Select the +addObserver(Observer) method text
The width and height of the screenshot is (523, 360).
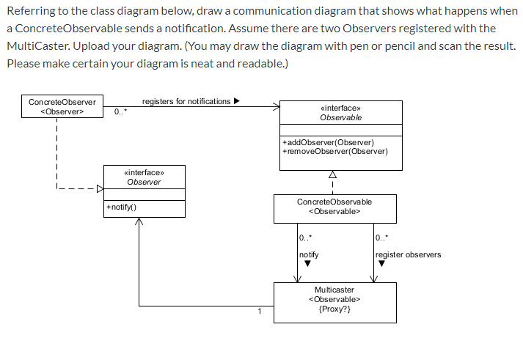(327, 142)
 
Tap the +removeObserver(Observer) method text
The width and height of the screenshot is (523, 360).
(334, 151)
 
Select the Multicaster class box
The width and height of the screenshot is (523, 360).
(334, 300)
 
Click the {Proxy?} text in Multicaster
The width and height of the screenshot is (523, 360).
(334, 309)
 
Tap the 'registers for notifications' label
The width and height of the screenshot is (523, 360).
(186, 101)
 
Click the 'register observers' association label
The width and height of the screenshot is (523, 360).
(408, 254)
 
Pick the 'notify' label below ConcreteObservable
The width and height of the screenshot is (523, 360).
(309, 254)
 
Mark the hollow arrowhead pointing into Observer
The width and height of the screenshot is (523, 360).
(101, 192)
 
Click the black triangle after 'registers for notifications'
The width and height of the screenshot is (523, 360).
(236, 101)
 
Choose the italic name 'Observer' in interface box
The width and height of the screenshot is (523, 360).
(144, 182)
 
